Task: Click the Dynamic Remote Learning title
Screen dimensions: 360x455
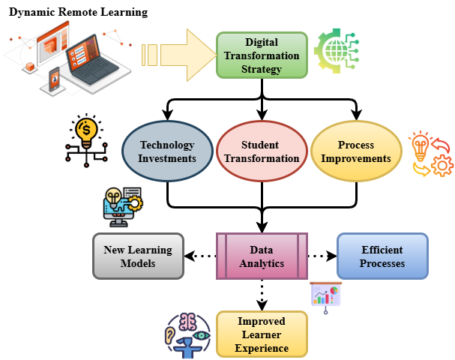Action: pyautogui.click(x=78, y=13)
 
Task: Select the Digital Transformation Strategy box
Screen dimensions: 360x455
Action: pyautogui.click(x=262, y=55)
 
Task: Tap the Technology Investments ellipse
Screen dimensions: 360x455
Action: pyautogui.click(x=167, y=151)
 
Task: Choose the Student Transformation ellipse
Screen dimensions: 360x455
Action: pyautogui.click(x=260, y=151)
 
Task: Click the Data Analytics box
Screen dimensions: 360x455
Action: pyautogui.click(x=262, y=256)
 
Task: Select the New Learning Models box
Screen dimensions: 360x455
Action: pyautogui.click(x=137, y=256)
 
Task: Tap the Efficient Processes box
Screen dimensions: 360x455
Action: pyautogui.click(x=382, y=256)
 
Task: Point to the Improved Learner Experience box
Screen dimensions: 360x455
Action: pyautogui.click(x=261, y=333)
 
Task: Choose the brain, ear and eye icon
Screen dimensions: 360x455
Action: pyautogui.click(x=187, y=333)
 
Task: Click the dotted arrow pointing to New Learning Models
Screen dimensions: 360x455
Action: pyautogui.click(x=199, y=256)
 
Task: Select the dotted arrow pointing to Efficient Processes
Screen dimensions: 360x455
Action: pyautogui.click(x=322, y=256)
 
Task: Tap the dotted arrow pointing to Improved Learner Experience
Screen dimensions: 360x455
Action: pyautogui.click(x=262, y=294)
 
